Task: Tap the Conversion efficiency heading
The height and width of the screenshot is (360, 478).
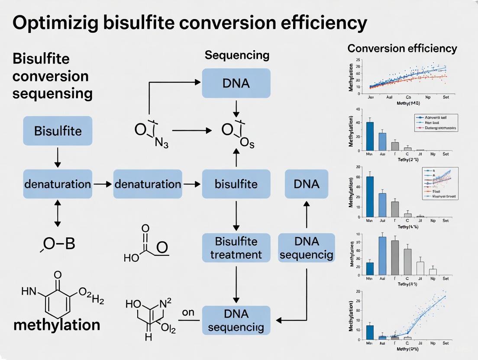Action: pyautogui.click(x=402, y=48)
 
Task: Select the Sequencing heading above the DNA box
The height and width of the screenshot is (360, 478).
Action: pyautogui.click(x=237, y=55)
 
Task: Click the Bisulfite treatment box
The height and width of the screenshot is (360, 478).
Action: pyautogui.click(x=236, y=247)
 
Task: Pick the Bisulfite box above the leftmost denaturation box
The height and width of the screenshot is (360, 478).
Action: pyautogui.click(x=58, y=130)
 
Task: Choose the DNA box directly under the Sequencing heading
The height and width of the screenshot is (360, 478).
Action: pyautogui.click(x=236, y=83)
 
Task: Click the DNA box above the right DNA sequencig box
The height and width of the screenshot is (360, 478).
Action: pyautogui.click(x=307, y=184)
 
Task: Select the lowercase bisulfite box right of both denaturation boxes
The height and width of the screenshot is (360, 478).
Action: pyautogui.click(x=236, y=184)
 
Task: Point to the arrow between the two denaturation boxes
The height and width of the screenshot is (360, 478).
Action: pyautogui.click(x=103, y=184)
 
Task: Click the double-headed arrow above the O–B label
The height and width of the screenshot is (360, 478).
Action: pyautogui.click(x=58, y=213)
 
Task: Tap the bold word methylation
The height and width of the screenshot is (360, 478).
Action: pyautogui.click(x=57, y=325)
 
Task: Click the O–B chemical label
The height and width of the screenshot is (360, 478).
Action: pyautogui.click(x=58, y=244)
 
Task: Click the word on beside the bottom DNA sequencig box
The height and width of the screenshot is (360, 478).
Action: pyautogui.click(x=188, y=312)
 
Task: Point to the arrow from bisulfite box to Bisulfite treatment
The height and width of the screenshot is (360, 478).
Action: pyautogui.click(x=236, y=215)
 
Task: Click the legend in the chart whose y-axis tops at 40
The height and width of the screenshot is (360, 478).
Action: pyautogui.click(x=436, y=123)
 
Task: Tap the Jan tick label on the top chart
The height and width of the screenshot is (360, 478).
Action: pyautogui.click(x=371, y=97)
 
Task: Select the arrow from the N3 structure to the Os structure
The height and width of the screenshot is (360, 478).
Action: pyautogui.click(x=192, y=130)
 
